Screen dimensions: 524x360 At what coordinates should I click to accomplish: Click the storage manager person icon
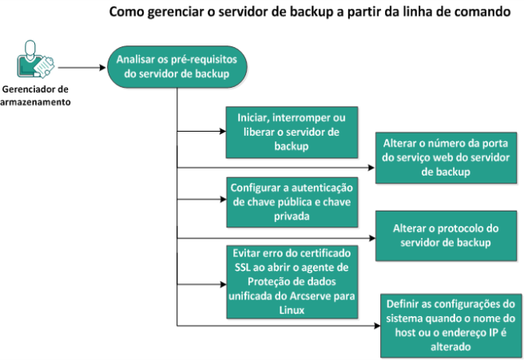tap(35, 59)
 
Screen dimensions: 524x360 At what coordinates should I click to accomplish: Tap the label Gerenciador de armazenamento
tap(35, 96)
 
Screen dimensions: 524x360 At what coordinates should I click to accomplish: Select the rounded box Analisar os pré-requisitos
tap(177, 67)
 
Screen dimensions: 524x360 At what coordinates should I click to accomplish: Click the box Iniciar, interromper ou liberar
tap(292, 133)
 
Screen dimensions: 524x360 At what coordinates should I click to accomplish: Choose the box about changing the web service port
tap(446, 157)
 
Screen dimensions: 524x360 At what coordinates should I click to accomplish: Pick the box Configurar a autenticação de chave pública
tap(292, 203)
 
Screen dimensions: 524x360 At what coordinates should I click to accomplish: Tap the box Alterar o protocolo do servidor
tap(446, 235)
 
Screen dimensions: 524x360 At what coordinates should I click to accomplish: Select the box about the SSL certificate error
tap(292, 282)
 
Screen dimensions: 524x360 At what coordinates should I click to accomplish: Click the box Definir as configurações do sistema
tap(451, 326)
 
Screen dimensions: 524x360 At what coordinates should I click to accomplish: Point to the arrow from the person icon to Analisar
tap(81, 68)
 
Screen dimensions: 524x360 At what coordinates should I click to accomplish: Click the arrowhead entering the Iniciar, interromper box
tap(223, 131)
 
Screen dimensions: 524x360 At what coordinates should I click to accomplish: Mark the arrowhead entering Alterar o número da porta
tap(371, 168)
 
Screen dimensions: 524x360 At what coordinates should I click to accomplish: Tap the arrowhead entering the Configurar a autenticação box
tap(223, 200)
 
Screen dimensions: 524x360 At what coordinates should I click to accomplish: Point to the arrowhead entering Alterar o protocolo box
tap(372, 238)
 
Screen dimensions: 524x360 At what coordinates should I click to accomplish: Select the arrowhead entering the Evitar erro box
tap(223, 284)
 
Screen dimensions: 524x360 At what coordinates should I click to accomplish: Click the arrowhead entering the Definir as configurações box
tap(377, 326)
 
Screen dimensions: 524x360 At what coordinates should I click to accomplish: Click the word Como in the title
tap(126, 12)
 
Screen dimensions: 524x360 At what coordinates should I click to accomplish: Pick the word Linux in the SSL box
tap(292, 310)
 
